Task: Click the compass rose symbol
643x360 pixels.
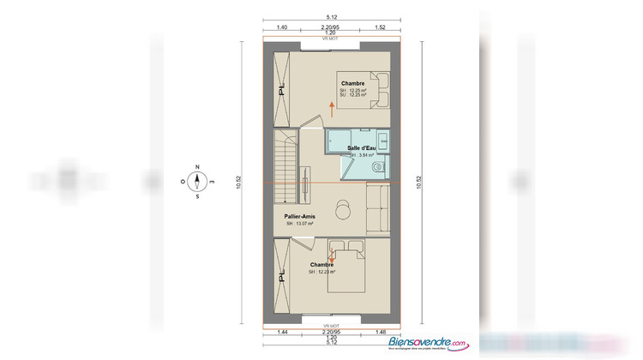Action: tap(197, 181)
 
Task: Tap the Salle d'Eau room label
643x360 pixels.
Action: tap(361, 148)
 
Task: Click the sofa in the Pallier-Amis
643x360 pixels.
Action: tap(376, 209)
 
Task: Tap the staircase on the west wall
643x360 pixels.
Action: tap(284, 158)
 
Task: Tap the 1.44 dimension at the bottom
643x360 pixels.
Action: tap(282, 330)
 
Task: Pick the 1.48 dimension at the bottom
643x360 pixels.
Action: tap(379, 330)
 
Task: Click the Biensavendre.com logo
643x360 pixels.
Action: tap(428, 342)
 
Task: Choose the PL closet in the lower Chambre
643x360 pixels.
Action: tap(280, 275)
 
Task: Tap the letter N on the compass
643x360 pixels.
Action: tap(197, 167)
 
